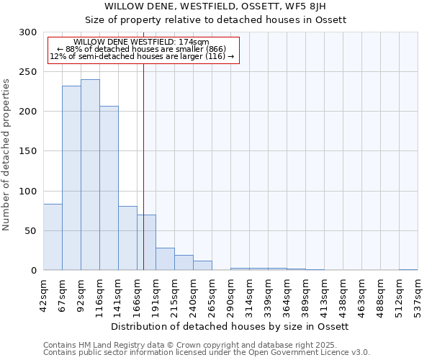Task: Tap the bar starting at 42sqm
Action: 53,237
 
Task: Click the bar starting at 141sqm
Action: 127,238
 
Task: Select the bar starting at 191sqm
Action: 165,258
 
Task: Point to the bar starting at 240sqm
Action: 202,265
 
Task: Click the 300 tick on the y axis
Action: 28,32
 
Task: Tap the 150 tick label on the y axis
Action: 28,151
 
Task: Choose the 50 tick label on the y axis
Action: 31,231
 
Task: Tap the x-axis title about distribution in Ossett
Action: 230,326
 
